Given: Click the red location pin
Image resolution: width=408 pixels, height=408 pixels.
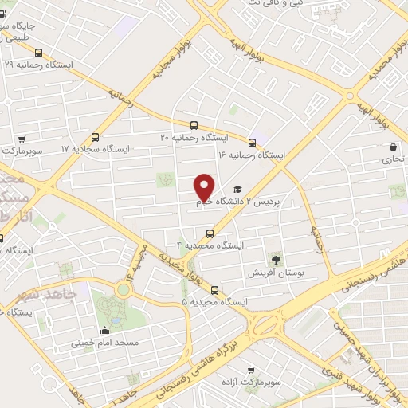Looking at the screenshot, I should (x=205, y=186).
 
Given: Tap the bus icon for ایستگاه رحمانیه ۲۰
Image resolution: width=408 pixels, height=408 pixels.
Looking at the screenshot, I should (x=194, y=125).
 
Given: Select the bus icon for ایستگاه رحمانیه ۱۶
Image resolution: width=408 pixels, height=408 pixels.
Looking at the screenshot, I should (x=253, y=143).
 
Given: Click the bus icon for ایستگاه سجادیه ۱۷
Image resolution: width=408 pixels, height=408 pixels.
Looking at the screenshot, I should (x=96, y=137).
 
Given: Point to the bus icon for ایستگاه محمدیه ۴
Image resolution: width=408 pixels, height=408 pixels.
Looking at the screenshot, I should (x=210, y=233).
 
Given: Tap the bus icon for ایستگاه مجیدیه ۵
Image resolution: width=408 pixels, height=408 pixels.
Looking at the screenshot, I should (x=214, y=291).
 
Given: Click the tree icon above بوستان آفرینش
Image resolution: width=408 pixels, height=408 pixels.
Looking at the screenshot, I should (x=276, y=259).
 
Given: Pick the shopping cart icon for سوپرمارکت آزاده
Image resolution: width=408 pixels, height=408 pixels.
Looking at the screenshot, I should (x=252, y=371).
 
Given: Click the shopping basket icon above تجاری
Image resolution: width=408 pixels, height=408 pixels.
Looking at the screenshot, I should (x=394, y=147).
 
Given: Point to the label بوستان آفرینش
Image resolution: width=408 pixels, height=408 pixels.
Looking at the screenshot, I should (x=283, y=273).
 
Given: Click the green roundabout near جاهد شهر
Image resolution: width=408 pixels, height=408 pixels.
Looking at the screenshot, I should (x=122, y=289).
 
